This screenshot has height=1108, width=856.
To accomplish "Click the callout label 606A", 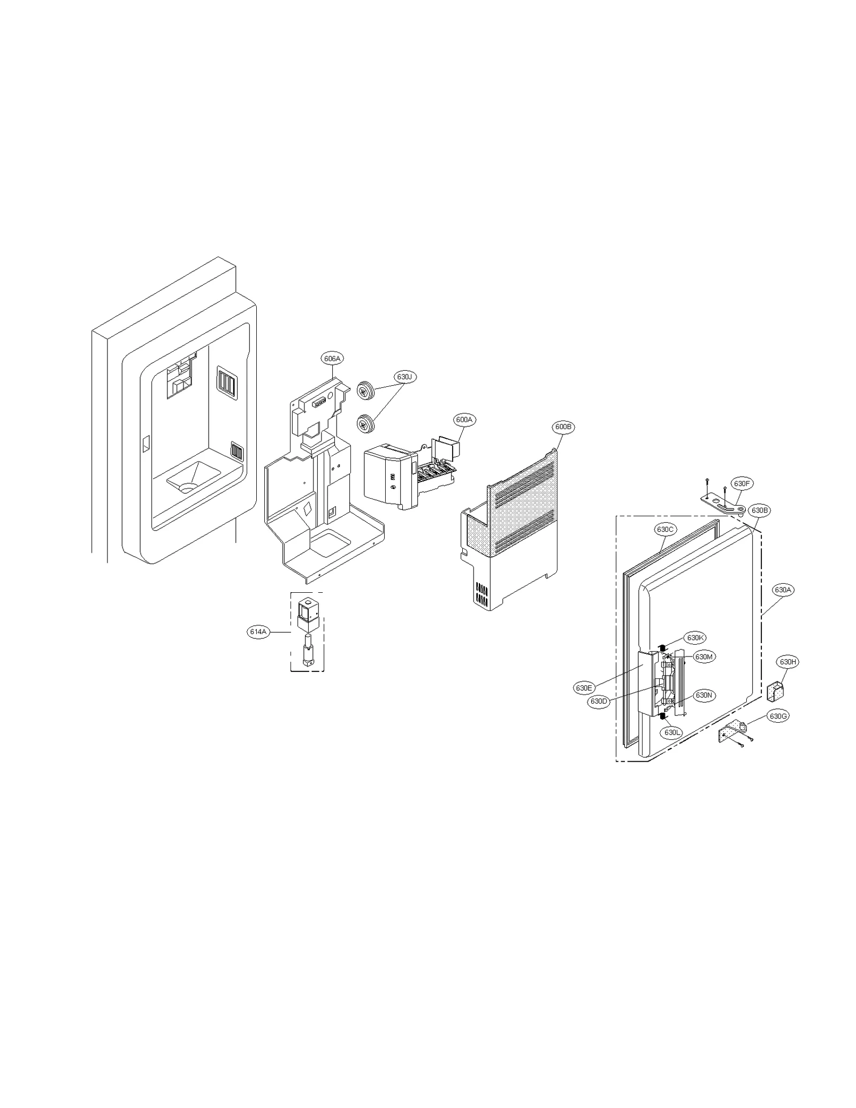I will [332, 358].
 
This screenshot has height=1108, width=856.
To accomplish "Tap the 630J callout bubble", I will [406, 377].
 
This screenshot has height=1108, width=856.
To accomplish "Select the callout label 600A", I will [464, 420].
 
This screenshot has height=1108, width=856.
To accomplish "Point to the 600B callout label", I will [563, 427].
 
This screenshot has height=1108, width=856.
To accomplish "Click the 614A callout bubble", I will [258, 632].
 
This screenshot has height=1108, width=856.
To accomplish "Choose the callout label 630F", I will [742, 484].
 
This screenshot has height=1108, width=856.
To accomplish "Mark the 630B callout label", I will [760, 510].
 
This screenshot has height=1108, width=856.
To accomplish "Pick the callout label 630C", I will [665, 530].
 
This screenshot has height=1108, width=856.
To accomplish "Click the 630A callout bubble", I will [783, 590].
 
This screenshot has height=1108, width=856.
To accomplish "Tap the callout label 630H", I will [788, 662].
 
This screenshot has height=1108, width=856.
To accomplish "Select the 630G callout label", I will [777, 716].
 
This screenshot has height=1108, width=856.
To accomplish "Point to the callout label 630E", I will [584, 688].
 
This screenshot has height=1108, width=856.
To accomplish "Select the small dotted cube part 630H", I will [777, 690].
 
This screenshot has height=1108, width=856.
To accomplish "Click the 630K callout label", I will [695, 638].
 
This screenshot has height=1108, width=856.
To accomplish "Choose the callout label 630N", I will [704, 696].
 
